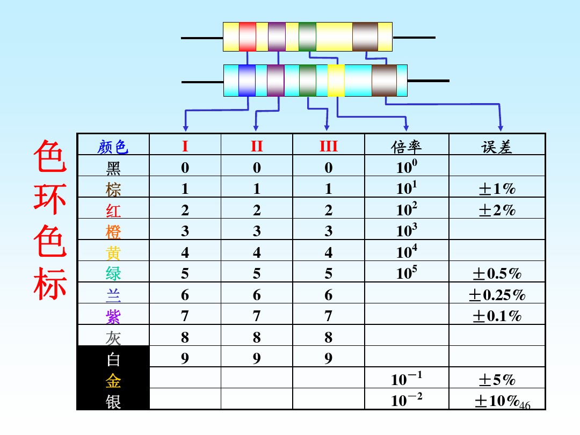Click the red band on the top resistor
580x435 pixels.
tap(248, 37)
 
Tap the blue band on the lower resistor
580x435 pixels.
tap(247, 81)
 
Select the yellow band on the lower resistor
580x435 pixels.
tap(336, 81)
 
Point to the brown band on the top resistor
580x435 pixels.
tap(365, 37)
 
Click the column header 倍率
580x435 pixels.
tap(406, 147)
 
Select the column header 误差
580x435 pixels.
tap(496, 147)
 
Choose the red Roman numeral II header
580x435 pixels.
tap(257, 146)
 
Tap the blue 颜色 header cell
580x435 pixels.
tap(113, 147)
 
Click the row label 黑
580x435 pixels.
tap(113, 168)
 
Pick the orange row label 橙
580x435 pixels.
tap(113, 232)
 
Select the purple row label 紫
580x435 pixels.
tap(113, 317)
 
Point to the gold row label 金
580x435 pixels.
tap(113, 381)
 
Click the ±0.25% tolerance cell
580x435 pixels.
tap(497, 295)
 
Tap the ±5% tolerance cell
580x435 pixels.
tap(497, 380)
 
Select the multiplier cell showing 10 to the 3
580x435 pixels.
tap(407, 230)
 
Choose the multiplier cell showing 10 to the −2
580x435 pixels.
tap(407, 400)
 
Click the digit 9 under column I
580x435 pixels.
tap(185, 358)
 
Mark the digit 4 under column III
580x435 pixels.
tap(329, 252)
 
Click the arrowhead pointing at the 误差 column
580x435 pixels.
tap(501, 128)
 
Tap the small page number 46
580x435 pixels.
tap(525, 405)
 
